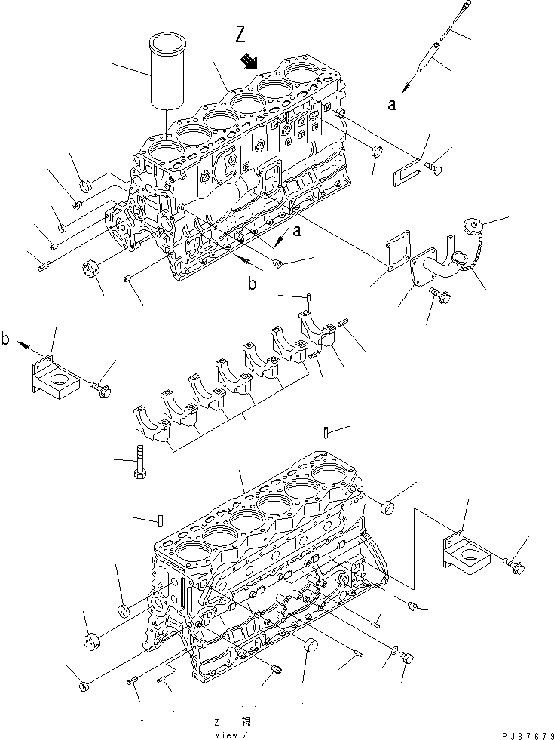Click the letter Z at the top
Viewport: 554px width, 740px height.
(240, 34)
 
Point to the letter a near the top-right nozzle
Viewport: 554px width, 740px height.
(391, 106)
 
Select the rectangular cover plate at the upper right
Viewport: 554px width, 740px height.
(408, 167)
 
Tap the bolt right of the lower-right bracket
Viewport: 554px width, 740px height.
(516, 562)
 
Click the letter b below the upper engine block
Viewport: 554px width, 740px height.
(252, 284)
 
